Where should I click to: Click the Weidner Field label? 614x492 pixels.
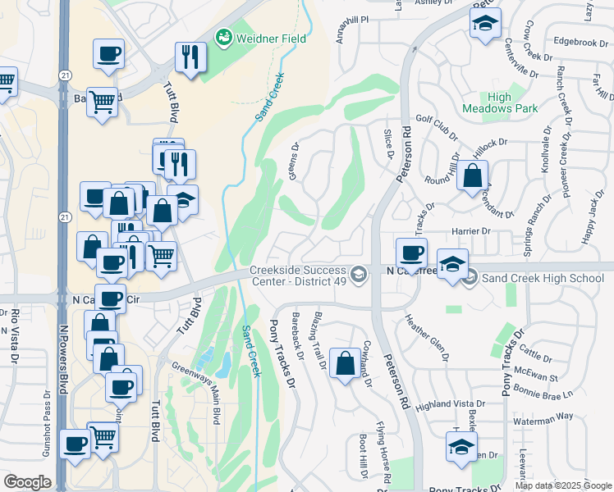(x=271, y=39)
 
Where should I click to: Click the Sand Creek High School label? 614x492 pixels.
(x=543, y=279)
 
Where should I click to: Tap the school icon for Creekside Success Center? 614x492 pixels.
(x=358, y=274)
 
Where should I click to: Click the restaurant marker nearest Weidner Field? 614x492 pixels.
(x=190, y=57)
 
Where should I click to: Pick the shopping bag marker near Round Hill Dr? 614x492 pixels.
(x=472, y=176)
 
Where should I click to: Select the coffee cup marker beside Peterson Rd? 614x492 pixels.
(x=411, y=253)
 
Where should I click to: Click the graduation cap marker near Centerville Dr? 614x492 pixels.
(x=485, y=24)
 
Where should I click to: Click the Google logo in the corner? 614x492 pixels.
(x=27, y=482)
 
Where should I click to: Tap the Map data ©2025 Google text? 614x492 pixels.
(x=563, y=485)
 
